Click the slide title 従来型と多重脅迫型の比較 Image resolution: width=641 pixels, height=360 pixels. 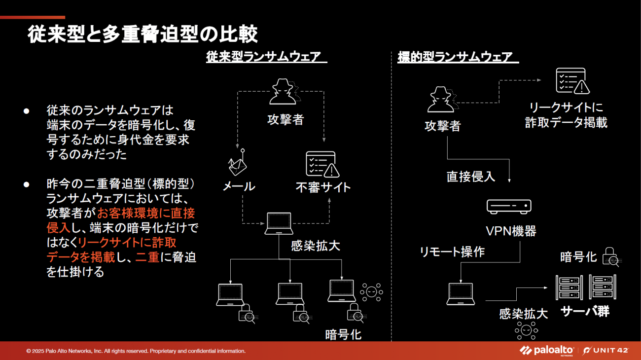tap(142, 35)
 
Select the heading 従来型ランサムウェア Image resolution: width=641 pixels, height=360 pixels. tap(266, 57)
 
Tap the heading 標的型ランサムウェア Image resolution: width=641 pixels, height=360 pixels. tap(458, 57)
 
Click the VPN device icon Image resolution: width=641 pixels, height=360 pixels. tap(509, 206)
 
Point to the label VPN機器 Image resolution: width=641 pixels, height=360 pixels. tap(511, 231)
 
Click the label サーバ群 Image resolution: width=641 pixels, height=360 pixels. tap(585, 312)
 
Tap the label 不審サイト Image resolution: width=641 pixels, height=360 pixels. tap(323, 187)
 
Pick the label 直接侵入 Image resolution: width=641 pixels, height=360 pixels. tap(470, 177)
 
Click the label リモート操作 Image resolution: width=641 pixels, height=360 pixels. tap(452, 252)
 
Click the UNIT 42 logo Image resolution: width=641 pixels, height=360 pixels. tap(605, 351)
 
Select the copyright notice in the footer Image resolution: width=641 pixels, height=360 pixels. tap(136, 351)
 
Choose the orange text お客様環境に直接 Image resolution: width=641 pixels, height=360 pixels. tap(146, 214)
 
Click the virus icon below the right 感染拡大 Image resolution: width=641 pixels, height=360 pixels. tap(526, 330)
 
